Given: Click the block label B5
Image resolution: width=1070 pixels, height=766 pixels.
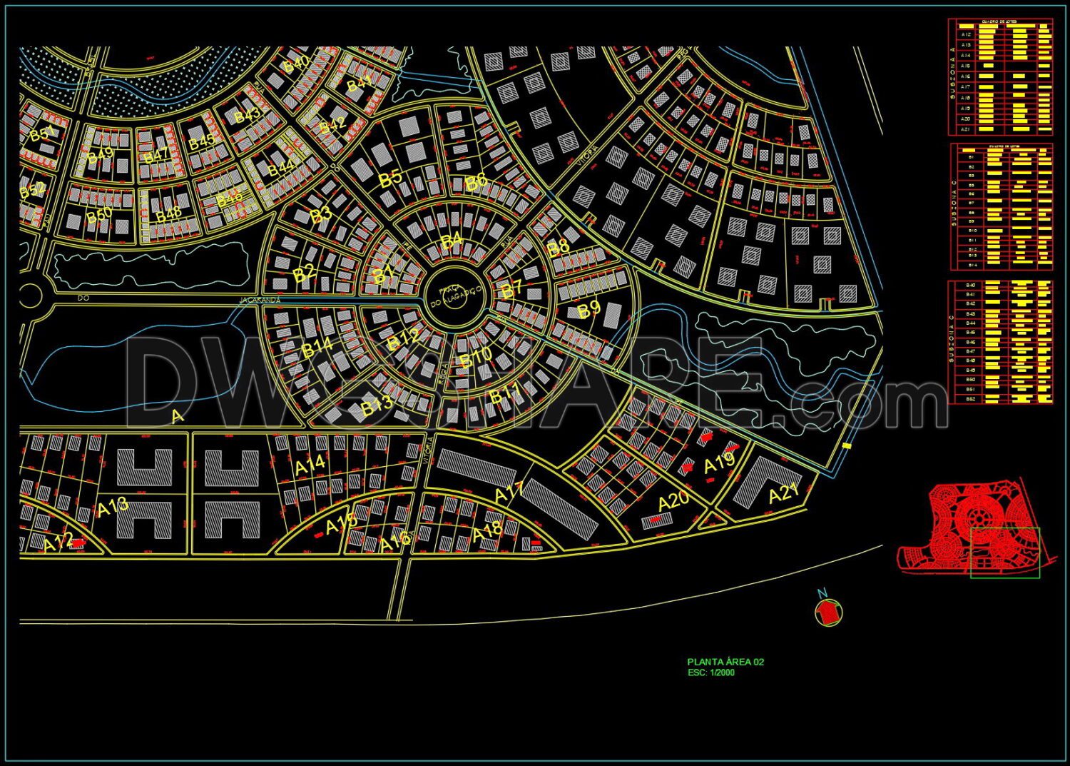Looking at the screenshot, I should [390, 178].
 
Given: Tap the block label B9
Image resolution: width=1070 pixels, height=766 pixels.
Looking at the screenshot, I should [589, 310].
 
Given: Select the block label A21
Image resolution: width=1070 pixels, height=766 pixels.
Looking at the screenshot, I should [784, 493].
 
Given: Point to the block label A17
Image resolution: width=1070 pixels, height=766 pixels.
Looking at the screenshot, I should [509, 492].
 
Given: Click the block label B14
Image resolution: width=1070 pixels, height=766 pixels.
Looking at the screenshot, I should [317, 348].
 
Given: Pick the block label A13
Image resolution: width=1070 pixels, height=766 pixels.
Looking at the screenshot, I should [113, 508].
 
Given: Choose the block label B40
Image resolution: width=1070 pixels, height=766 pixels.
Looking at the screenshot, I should [296, 63].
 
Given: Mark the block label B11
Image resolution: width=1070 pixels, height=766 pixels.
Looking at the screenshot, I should [505, 393].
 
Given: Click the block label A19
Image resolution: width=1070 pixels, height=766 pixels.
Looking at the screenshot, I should [719, 464].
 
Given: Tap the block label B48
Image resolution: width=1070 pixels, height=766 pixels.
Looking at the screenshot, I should [168, 213].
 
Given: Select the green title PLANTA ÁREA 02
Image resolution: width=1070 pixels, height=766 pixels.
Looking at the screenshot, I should [725, 662].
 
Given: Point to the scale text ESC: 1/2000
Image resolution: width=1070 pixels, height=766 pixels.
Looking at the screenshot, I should [710, 672].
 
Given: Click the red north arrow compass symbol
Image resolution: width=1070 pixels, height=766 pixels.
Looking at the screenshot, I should [828, 611].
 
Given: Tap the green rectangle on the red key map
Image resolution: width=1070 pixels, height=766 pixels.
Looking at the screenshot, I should [1004, 553].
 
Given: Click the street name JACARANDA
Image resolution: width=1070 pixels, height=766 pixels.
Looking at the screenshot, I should [260, 301].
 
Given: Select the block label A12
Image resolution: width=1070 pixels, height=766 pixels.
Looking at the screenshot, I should [58, 543].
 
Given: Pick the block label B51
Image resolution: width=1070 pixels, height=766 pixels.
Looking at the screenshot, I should [42, 133].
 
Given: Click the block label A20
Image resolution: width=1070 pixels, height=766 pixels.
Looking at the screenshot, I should [673, 501].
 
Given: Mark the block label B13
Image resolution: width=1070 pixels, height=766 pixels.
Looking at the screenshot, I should [377, 405].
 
